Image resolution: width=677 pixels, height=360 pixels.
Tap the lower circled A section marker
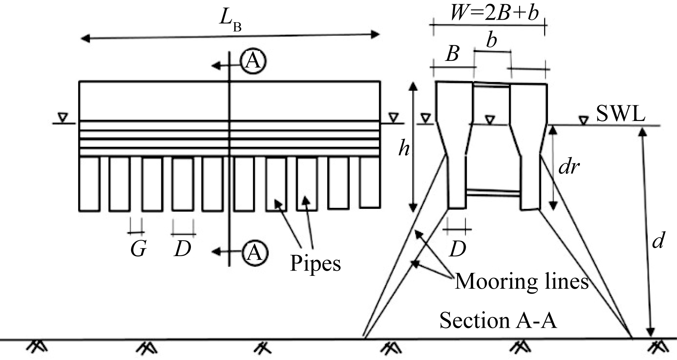tap(255, 252)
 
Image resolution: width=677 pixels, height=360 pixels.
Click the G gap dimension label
tap(138, 249)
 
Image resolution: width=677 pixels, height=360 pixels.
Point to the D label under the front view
tap(182, 249)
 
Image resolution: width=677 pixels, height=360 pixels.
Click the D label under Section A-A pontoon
tap(457, 249)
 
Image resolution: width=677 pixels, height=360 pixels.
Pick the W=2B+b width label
tap(494, 13)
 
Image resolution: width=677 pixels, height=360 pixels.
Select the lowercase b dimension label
tap(491, 40)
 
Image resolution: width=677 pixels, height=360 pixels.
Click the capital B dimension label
tap(452, 54)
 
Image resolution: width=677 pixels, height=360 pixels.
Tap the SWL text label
tap(620, 114)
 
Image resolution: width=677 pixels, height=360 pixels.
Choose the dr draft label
tap(569, 167)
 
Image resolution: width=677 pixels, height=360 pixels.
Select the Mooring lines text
tap(522, 281)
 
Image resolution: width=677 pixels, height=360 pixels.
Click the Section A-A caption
tap(498, 320)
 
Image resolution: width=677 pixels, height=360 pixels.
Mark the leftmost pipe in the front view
tap(90, 183)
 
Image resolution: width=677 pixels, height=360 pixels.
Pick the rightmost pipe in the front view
tap(370, 182)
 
